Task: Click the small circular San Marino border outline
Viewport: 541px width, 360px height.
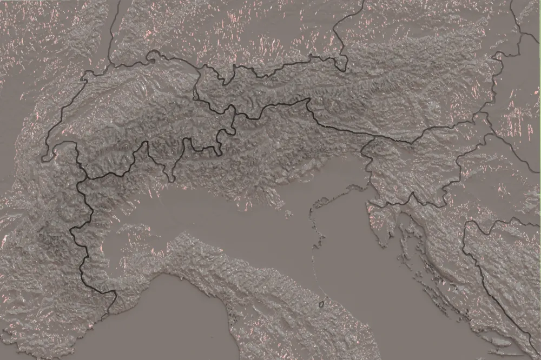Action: (321, 304)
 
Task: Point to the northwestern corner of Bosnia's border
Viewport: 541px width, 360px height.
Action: (465, 224)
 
